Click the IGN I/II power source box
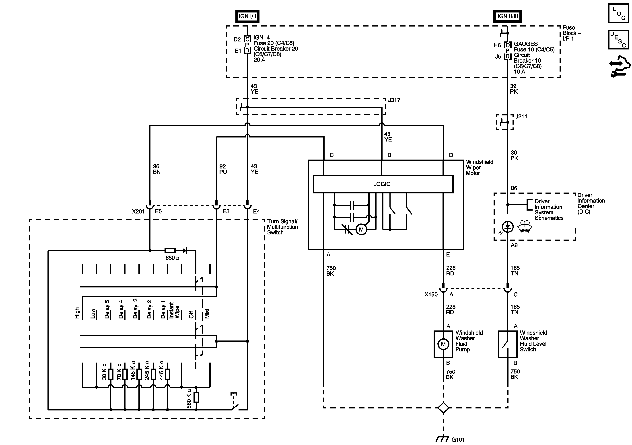(x=247, y=16)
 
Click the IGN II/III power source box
(x=508, y=16)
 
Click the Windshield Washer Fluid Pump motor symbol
(x=443, y=344)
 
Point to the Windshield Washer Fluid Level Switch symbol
(x=507, y=344)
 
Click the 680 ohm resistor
(x=170, y=251)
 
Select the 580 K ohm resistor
(x=196, y=397)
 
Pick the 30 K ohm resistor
(x=111, y=374)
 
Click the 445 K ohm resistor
(x=167, y=374)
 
